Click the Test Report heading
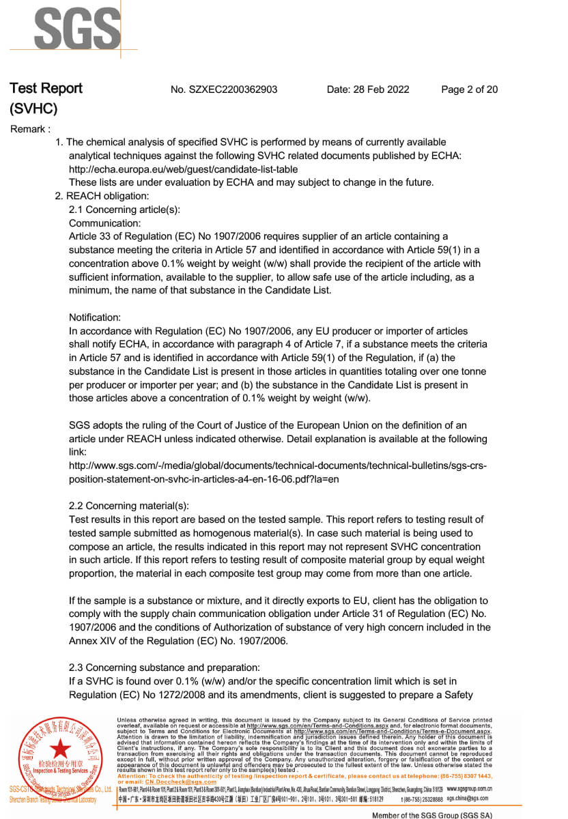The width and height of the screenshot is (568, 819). click(x=46, y=89)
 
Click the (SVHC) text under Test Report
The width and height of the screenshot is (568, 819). click(x=33, y=109)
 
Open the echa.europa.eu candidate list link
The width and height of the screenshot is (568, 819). click(x=183, y=169)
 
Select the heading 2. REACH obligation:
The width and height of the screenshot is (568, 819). click(x=102, y=196)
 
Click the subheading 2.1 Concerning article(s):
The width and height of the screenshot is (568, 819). click(x=124, y=210)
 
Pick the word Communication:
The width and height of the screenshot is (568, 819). click(x=105, y=223)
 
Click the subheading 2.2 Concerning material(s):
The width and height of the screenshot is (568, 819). click(x=129, y=506)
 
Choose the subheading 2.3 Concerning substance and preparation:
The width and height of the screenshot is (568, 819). click(x=165, y=667)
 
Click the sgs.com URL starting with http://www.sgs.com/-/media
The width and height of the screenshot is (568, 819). click(x=278, y=465)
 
